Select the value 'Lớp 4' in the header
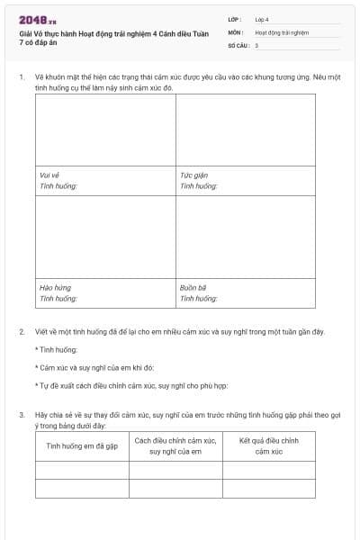262,19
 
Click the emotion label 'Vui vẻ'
49,175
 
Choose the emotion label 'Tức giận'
193,175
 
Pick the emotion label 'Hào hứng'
56,288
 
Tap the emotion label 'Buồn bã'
194,288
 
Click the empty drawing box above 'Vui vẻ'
105,130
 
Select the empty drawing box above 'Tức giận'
246,130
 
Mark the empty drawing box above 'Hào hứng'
105,237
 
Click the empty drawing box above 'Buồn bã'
246,237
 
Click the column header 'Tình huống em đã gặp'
83,445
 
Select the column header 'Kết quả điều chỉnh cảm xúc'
269,445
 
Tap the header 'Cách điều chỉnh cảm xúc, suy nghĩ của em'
175,445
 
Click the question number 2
22,332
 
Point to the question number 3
22,415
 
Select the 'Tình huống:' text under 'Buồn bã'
199,298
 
